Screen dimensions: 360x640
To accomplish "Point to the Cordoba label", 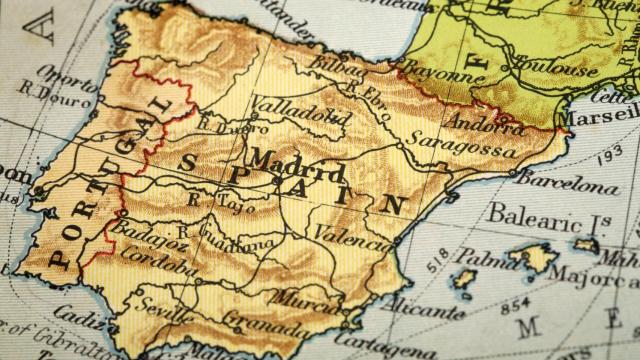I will [x=158, y=262].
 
